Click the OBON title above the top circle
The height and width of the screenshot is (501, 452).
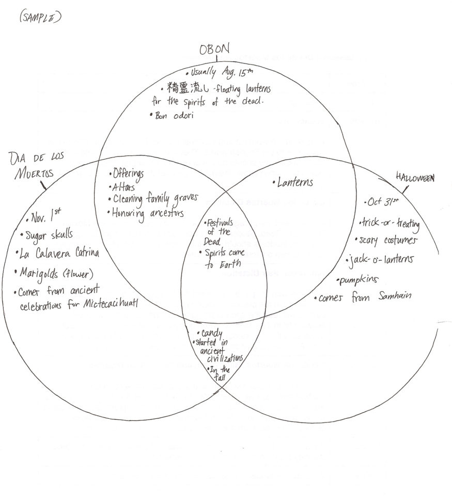pyautogui.click(x=214, y=50)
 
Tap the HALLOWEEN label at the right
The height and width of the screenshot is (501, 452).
pyautogui.click(x=414, y=177)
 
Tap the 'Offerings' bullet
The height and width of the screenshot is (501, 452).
pyautogui.click(x=127, y=174)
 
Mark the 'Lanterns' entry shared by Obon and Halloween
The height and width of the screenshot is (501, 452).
pyautogui.click(x=294, y=182)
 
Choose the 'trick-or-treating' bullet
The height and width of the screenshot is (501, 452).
pyautogui.click(x=391, y=224)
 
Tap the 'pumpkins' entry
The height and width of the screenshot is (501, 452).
pyautogui.click(x=358, y=280)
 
